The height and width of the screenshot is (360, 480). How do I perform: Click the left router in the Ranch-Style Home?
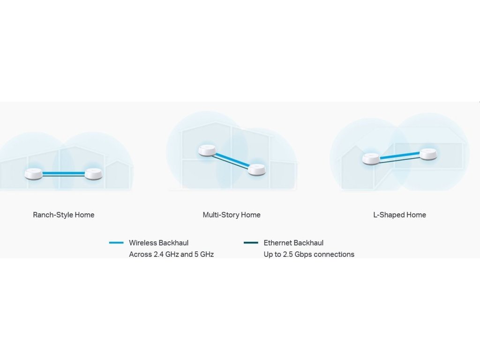pos(34,174)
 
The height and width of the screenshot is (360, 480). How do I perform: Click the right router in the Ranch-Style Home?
pos(93,174)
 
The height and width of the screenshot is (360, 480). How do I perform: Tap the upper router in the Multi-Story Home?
pos(208,150)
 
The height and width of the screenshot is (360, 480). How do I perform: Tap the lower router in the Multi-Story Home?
pos(256,170)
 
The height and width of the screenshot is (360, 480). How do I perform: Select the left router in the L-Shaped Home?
pos(371,158)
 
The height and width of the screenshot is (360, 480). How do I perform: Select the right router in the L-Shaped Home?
pos(428,154)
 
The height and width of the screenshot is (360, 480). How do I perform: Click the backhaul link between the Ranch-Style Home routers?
pos(64,174)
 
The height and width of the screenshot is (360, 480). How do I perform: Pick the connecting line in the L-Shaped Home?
pos(400,157)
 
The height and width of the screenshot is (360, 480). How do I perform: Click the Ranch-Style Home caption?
pos(64,215)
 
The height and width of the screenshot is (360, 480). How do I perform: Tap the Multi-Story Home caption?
pos(232,215)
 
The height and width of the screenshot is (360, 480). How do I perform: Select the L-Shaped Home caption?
pos(400,215)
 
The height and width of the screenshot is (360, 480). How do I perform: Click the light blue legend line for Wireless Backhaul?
pos(116,243)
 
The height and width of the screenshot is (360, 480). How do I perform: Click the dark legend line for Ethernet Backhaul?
pos(251,243)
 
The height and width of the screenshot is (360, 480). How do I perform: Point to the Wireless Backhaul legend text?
pos(159,243)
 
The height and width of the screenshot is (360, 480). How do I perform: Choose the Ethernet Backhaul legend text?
pos(293,243)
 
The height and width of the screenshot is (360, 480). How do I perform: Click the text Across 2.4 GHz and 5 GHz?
pos(172,255)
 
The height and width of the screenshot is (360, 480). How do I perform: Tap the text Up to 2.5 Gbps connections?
pos(309,255)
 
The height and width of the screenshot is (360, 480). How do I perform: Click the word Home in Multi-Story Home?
pos(251,215)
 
